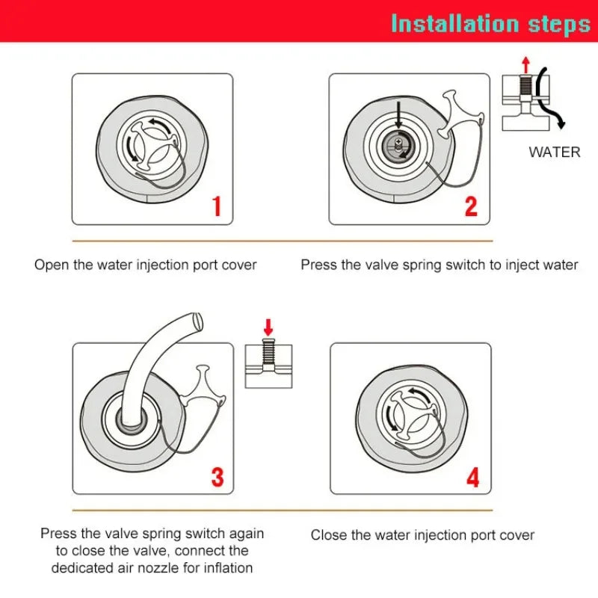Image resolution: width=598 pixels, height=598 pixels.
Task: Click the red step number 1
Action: tap(217, 206)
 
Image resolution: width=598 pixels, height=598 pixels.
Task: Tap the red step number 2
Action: tap(471, 206)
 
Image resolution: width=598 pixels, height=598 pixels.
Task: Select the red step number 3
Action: tap(218, 477)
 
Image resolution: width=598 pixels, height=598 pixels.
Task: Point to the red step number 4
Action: tap(472, 477)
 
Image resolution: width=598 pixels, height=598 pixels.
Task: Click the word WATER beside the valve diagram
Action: tap(555, 152)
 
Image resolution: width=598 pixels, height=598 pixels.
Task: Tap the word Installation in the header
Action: tap(455, 24)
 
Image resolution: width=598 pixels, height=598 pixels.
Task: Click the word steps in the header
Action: tap(559, 25)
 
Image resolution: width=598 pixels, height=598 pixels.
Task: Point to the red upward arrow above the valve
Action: tap(526, 65)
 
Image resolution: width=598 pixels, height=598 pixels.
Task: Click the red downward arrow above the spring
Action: tap(268, 327)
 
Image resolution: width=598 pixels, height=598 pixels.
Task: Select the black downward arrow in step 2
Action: tap(398, 114)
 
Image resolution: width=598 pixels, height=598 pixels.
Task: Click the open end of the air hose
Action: tap(197, 321)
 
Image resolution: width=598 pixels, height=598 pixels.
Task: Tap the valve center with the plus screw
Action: tap(398, 146)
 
